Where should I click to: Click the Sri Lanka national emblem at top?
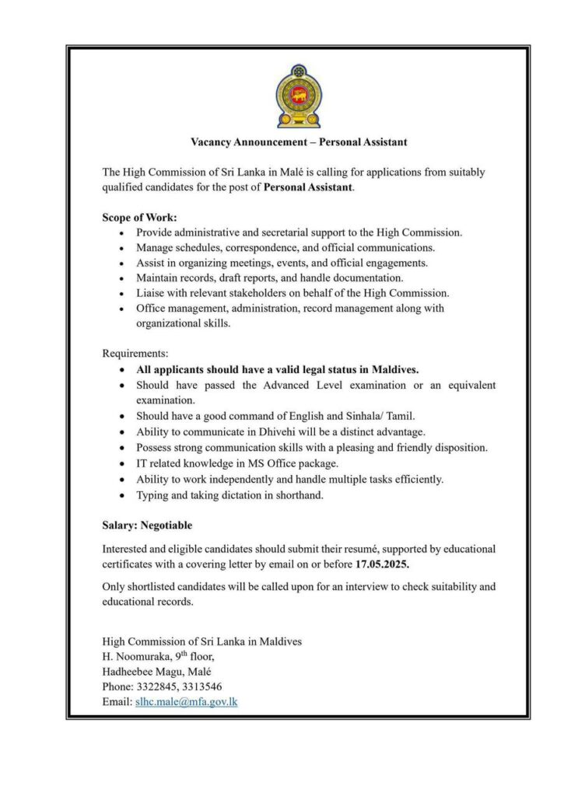(x=298, y=96)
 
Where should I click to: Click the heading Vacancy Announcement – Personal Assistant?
(x=299, y=142)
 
